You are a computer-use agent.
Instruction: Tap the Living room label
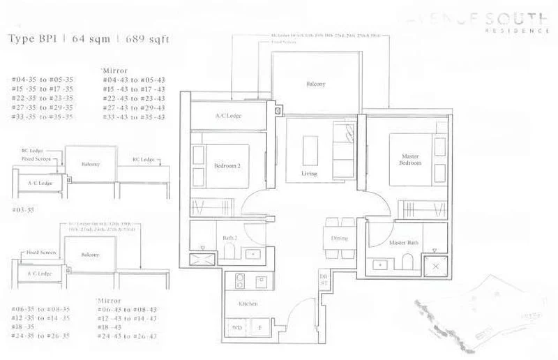point(309,173)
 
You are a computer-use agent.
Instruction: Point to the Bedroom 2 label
point(227,165)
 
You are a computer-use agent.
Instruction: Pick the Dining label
point(340,238)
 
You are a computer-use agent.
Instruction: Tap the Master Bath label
point(402,243)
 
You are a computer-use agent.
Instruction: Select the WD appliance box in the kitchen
point(238,327)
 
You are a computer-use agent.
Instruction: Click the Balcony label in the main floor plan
point(315,84)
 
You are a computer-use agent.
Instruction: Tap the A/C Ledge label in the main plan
point(227,115)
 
